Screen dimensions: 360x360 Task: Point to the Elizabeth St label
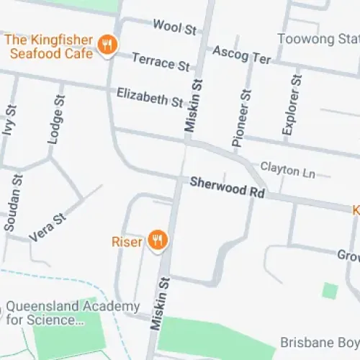pyautogui.click(x=150, y=96)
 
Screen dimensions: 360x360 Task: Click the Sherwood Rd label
pyautogui.click(x=228, y=188)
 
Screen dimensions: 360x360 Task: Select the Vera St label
pyautogui.click(x=48, y=227)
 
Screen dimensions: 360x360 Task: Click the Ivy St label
pyautogui.click(x=9, y=125)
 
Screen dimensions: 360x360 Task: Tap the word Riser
pyautogui.click(x=127, y=241)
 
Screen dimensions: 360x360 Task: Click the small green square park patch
pyautogui.click(x=330, y=291)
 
